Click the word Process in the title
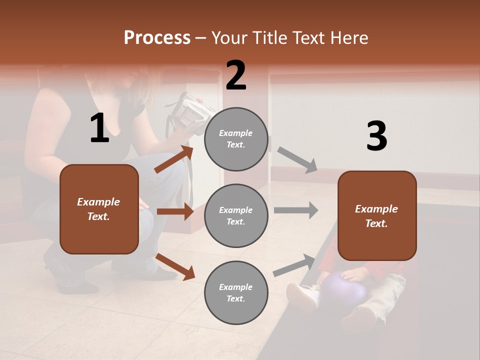(157, 38)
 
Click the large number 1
(99, 128)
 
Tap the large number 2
(236, 75)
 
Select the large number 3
(376, 136)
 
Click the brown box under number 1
(99, 209)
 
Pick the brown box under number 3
(377, 216)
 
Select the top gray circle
(236, 139)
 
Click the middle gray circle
(236, 216)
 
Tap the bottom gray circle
(236, 293)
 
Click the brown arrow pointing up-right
(173, 159)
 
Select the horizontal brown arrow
(174, 211)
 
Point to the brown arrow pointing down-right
(174, 266)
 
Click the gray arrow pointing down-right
(297, 159)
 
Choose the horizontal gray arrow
(295, 210)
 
